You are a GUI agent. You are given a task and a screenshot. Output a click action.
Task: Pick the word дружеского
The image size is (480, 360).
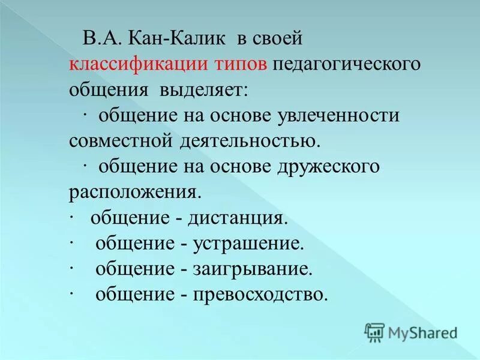tap(329, 167)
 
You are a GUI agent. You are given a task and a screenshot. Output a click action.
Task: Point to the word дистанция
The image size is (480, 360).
tap(238, 218)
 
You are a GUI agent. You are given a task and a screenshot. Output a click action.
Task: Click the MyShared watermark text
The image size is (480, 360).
tap(422, 332)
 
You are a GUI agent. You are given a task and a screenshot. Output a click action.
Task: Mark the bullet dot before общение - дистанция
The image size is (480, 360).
tap(71, 218)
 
